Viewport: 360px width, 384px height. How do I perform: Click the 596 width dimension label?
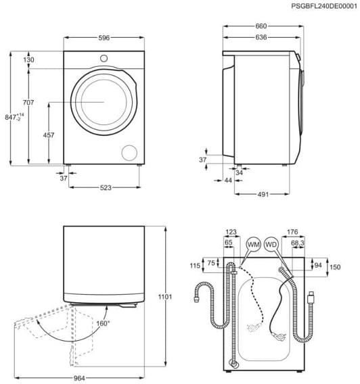pyautogui.click(x=103, y=38)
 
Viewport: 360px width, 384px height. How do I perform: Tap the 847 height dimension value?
pyautogui.click(x=9, y=116)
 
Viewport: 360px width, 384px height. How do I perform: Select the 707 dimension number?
pyautogui.click(x=28, y=102)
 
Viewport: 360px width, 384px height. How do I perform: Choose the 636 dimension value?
pyautogui.click(x=261, y=38)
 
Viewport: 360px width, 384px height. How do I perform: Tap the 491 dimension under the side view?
pyautogui.click(x=263, y=195)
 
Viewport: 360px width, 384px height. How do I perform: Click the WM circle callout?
pyautogui.click(x=254, y=244)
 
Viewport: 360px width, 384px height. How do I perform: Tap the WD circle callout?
pyautogui.click(x=271, y=244)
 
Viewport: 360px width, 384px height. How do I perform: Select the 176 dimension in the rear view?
pyautogui.click(x=293, y=232)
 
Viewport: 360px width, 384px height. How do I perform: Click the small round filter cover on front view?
pyautogui.click(x=128, y=151)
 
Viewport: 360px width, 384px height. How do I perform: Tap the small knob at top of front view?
pyautogui.click(x=104, y=58)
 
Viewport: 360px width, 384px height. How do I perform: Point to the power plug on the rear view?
pyautogui.click(x=313, y=297)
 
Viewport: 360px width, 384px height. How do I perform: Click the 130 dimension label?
pyautogui.click(x=28, y=60)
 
